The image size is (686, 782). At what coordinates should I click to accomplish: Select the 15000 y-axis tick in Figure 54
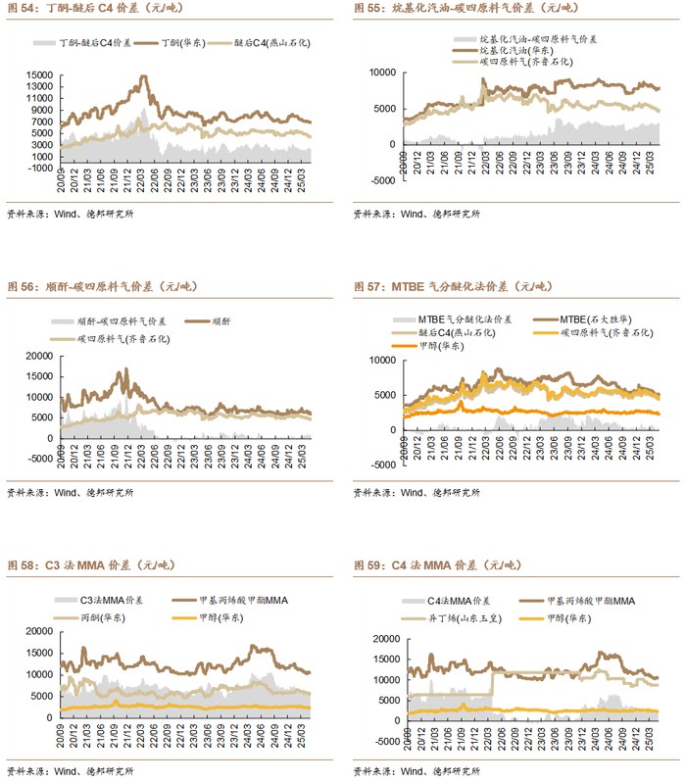[x=40, y=74]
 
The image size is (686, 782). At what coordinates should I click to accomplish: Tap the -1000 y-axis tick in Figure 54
[x=40, y=168]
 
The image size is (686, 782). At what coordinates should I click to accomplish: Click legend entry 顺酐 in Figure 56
[x=220, y=321]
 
